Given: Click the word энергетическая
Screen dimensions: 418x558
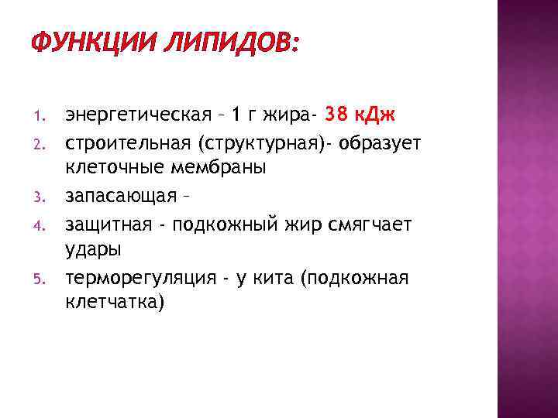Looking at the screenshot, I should pos(138,116).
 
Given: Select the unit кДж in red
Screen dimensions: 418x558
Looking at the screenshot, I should pos(378,116).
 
